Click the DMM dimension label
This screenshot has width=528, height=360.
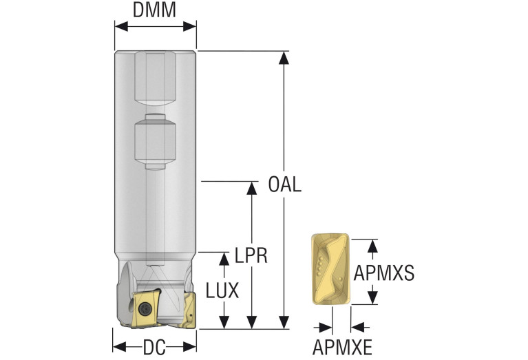coord(155,10)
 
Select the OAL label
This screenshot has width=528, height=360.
coord(284,185)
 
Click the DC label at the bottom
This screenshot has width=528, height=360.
coord(154,348)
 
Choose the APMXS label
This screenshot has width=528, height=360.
coord(383,273)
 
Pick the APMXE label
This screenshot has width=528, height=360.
coord(341,345)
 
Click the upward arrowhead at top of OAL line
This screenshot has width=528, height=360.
coord(282,57)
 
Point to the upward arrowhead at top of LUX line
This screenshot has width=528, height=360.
coord(223,259)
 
